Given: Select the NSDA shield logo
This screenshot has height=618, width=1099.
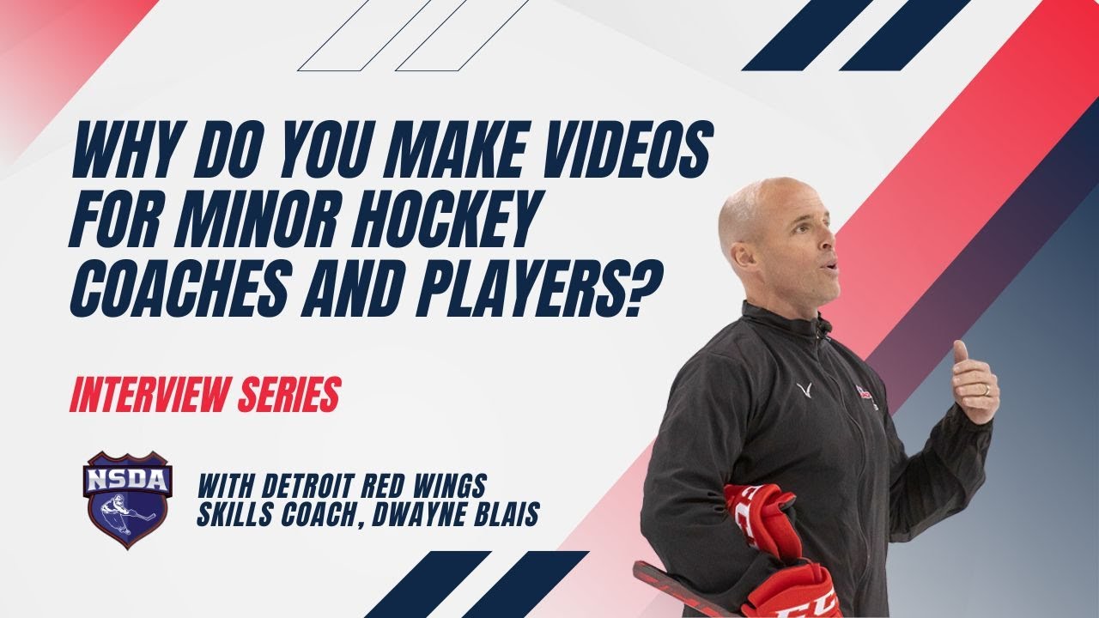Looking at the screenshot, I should click(128, 498).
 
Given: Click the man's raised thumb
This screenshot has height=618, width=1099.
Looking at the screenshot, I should click(960, 352).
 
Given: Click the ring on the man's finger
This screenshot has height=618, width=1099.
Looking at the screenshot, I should click(986, 391).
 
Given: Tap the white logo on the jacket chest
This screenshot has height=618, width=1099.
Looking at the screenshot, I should click(805, 391).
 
